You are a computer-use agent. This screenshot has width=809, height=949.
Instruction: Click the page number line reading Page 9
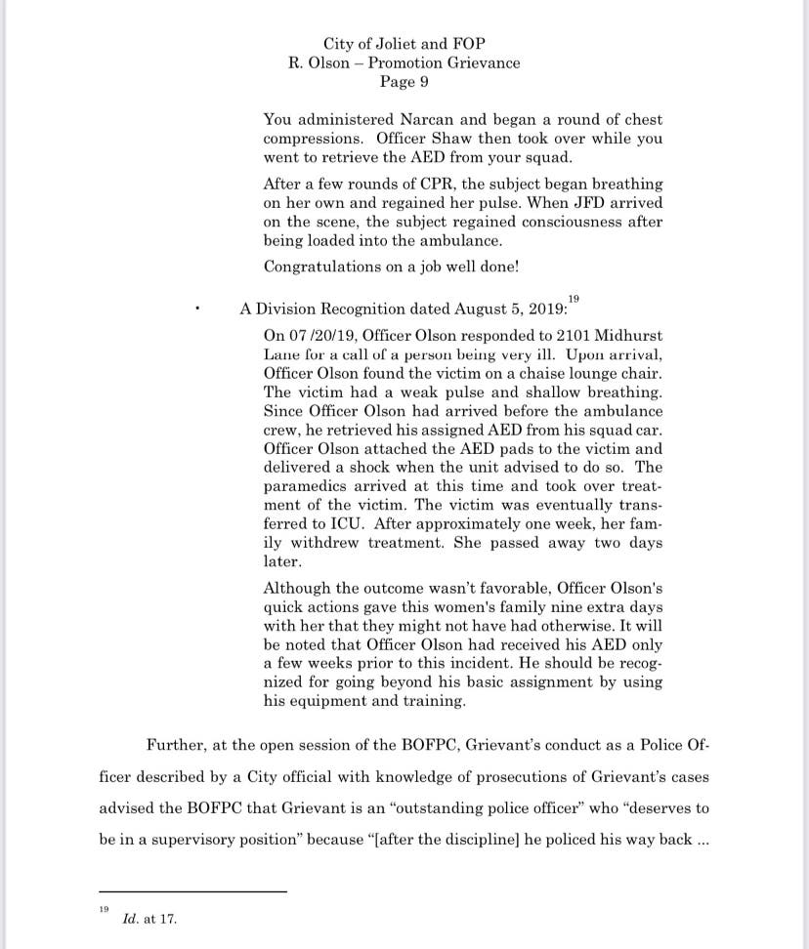point(404,82)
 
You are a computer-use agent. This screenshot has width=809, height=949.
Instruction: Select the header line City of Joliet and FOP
point(404,44)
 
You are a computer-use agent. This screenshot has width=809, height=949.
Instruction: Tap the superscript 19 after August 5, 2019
point(574,298)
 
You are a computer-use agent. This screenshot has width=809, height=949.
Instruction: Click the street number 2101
point(561,334)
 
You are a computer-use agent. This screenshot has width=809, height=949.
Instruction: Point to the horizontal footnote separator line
point(192,891)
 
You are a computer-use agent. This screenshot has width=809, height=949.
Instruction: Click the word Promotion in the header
point(404,63)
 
